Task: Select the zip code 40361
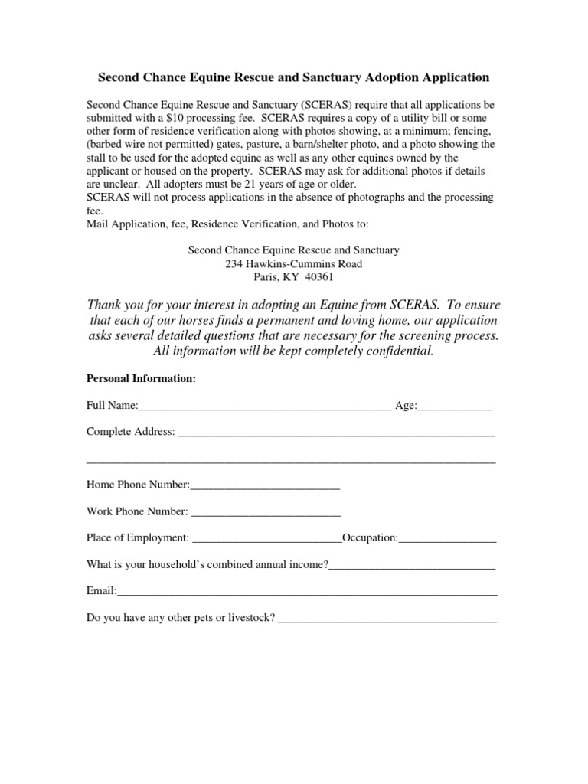pos(318,277)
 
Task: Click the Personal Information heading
pos(141,378)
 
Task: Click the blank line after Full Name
pos(265,406)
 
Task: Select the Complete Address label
pos(130,432)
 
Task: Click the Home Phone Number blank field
pos(265,485)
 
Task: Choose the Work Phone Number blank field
pos(266,511)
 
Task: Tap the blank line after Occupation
pos(447,538)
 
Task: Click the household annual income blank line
pos(412,565)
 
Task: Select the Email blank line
pos(306,592)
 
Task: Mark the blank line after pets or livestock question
pos(387,618)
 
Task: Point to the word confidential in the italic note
pos(397,351)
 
